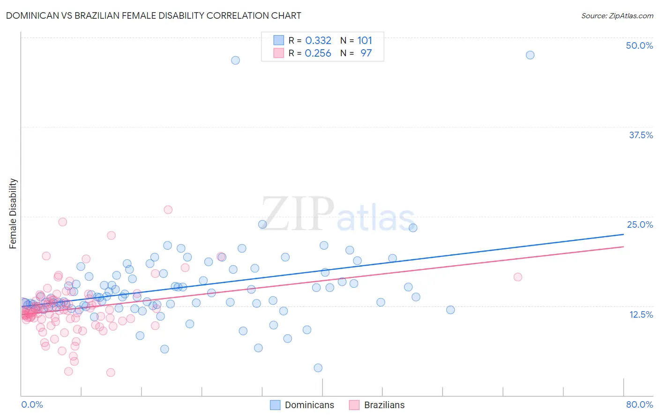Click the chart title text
153,15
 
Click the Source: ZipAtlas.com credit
617,15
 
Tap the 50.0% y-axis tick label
639,45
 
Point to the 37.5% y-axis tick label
641,135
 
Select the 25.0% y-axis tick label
640,224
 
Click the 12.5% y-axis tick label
641,314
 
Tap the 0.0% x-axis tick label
32,404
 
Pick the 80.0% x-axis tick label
639,404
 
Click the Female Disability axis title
13,213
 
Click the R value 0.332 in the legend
318,41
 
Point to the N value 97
366,53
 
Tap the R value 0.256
318,53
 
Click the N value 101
365,41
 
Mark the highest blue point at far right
530,55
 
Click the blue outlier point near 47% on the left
235,60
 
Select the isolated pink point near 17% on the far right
518,277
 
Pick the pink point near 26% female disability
168,209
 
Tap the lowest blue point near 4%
318,368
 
